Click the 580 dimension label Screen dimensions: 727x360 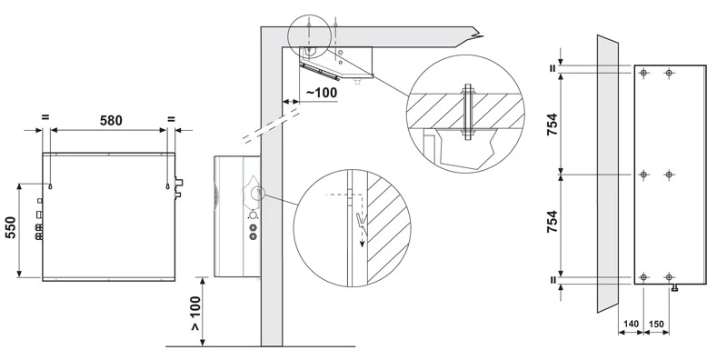111,121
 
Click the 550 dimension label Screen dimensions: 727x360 11,227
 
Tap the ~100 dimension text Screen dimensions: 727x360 322,93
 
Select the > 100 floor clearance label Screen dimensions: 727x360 195,313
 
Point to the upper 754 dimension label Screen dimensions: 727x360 552,124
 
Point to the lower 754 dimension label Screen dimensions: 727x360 552,222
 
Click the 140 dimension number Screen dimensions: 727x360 631,324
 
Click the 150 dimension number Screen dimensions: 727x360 656,324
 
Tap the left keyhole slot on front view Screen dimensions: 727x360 50,186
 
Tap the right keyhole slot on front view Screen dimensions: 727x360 167,186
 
